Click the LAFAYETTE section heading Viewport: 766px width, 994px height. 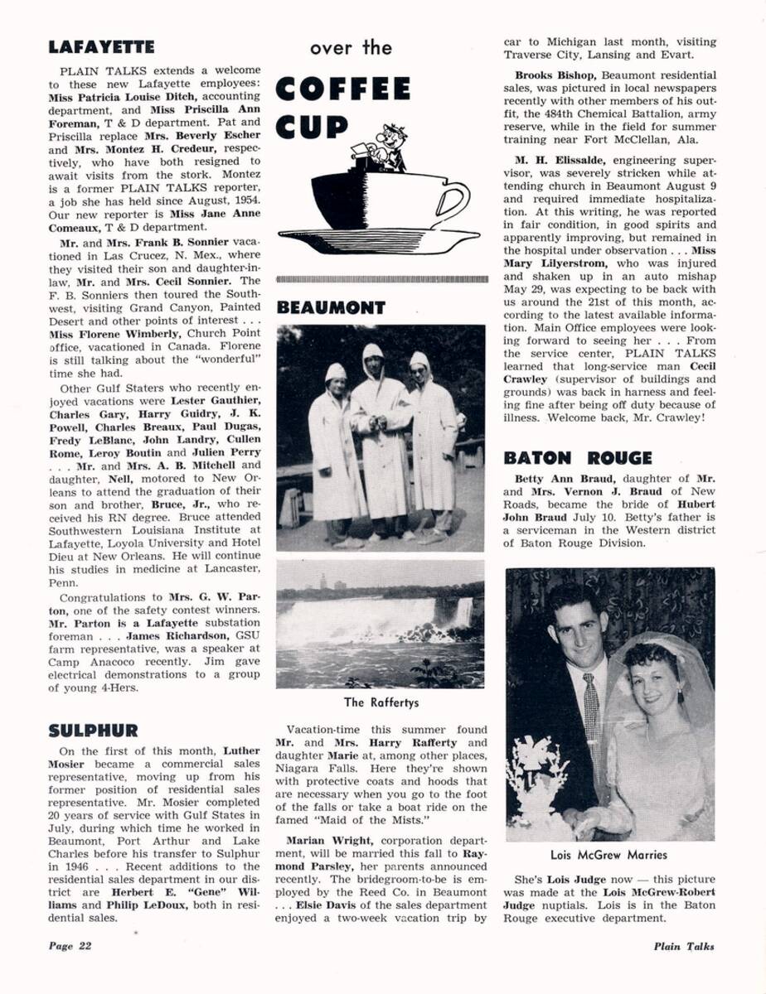click(101, 48)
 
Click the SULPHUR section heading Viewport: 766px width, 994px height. click(93, 731)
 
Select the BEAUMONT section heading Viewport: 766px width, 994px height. click(331, 308)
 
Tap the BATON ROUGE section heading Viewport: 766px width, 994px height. click(578, 458)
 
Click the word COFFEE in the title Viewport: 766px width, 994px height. click(343, 89)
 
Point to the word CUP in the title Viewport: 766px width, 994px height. click(313, 128)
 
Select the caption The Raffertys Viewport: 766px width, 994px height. click(381, 703)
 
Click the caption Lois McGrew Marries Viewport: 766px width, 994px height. click(608, 855)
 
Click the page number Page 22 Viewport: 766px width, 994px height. click(69, 947)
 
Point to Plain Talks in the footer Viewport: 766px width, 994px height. click(683, 947)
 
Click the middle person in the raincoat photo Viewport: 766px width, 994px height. click(380, 431)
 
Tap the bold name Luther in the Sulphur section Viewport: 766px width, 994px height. click(242, 750)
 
